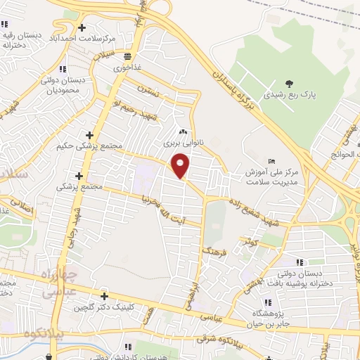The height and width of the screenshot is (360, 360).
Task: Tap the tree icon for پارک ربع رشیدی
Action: [x=290, y=84]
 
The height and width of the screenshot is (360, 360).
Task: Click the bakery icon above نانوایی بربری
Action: [x=183, y=131]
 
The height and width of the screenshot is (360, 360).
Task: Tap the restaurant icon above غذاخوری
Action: [x=127, y=57]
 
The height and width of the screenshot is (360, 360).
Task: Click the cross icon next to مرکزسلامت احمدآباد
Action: [x=82, y=28]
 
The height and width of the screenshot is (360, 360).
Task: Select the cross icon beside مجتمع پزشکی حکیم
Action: [x=89, y=134]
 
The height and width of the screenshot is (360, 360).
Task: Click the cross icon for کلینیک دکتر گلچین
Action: [x=104, y=296]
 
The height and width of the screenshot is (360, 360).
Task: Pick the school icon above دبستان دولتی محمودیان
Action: [x=63, y=69]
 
